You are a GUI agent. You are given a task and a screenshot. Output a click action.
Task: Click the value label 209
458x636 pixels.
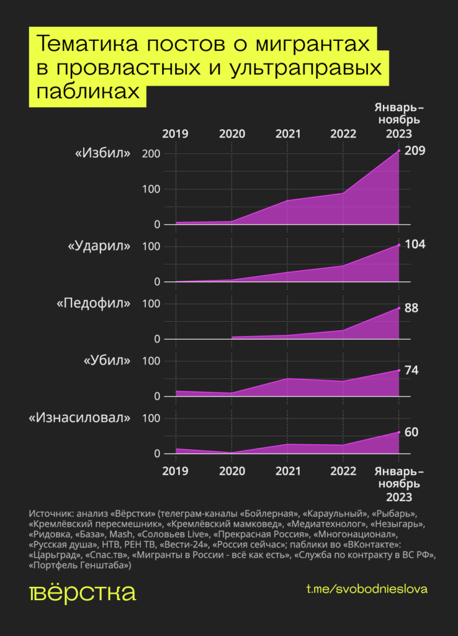click(x=415, y=151)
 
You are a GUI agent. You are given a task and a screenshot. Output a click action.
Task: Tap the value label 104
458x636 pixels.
click(x=415, y=244)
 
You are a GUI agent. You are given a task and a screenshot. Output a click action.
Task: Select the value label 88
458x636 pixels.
click(x=411, y=308)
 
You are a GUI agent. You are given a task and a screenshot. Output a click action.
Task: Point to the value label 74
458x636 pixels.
click(x=411, y=371)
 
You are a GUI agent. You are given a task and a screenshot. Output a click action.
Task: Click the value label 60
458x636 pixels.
click(x=411, y=432)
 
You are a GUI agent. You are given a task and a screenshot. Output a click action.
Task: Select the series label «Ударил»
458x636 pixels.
click(x=99, y=246)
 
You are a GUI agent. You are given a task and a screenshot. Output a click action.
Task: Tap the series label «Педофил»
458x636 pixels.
click(x=94, y=303)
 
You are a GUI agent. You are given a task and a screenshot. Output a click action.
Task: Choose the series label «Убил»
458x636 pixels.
click(x=107, y=361)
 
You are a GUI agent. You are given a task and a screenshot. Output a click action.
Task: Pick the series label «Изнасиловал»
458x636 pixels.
click(x=80, y=418)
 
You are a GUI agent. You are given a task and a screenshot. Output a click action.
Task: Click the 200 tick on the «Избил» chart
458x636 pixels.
click(x=151, y=153)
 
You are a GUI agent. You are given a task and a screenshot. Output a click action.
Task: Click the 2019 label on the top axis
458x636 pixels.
click(x=176, y=133)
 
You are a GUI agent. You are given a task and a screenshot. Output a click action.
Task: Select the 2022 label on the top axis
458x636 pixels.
click(x=343, y=133)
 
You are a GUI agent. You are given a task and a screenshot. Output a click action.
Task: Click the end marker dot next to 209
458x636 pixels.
click(x=399, y=151)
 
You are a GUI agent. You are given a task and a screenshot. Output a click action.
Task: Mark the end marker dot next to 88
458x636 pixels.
click(x=399, y=307)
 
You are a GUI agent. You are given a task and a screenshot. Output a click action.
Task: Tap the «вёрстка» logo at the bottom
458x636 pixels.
click(x=82, y=592)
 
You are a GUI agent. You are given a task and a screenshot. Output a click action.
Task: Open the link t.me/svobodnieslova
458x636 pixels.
click(x=367, y=589)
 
